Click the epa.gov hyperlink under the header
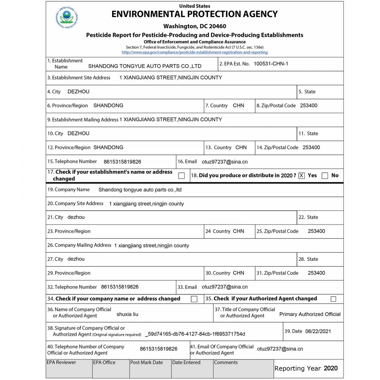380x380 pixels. tap(195, 52)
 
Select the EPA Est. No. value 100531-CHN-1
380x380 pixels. tap(271, 64)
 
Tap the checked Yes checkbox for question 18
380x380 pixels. tap(302, 176)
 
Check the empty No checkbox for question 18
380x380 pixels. tap(325, 176)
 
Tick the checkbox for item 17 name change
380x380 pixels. tap(182, 176)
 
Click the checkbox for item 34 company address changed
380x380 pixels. tap(194, 299)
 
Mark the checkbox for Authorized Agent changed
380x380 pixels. tap(333, 299)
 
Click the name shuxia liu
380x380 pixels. tap(127, 315)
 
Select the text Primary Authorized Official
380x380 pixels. tap(310, 314)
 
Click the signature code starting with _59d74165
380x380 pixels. tap(195, 334)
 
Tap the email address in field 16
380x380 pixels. tap(225, 162)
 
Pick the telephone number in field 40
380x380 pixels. tap(158, 349)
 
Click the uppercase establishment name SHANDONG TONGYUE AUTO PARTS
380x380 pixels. tap(145, 66)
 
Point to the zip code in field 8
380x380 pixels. tap(309, 106)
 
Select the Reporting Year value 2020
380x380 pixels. tap(330, 368)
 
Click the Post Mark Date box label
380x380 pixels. tap(146, 363)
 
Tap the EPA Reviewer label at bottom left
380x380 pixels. tap(61, 363)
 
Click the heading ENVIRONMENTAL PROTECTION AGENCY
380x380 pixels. tap(195, 14)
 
